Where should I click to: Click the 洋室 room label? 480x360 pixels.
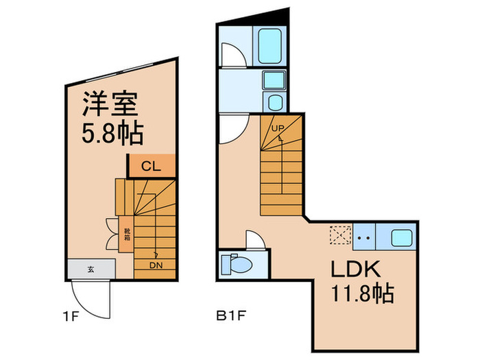pos(111,104)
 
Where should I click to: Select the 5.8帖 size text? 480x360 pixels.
pos(112,132)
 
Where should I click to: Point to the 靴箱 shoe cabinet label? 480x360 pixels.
pos(127,233)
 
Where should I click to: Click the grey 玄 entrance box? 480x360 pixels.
pos(91,269)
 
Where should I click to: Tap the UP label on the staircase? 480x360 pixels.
pos(278,128)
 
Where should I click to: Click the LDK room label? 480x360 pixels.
pos(357,269)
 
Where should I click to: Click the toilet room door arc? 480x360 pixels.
pos(253,240)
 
